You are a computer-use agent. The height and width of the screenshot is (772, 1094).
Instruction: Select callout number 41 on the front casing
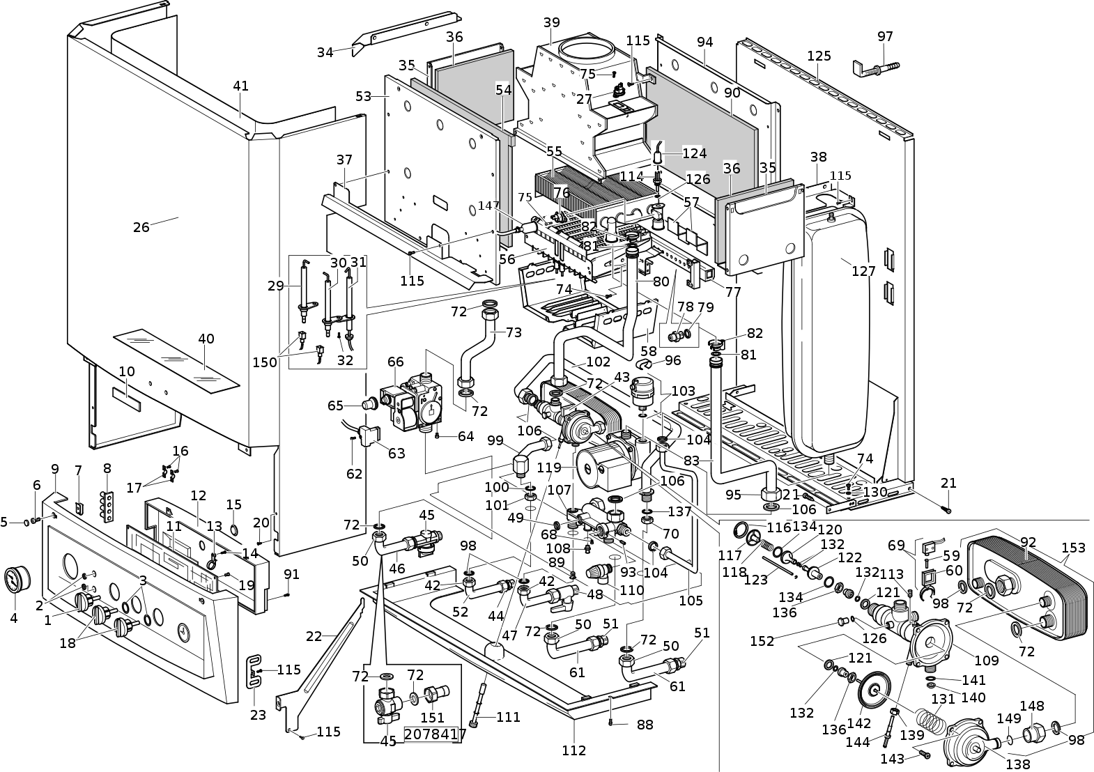coord(240,86)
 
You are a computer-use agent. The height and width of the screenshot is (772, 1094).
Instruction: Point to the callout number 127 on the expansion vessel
coord(863,271)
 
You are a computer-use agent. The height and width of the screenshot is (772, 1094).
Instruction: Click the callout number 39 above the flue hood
coord(551,22)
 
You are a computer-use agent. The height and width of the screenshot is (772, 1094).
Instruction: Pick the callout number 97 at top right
coord(885,37)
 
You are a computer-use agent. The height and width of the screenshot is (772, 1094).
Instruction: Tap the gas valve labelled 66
coord(413,403)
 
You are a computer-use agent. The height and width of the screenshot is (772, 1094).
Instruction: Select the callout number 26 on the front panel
coord(141,227)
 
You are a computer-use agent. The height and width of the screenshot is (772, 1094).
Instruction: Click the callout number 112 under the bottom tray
coord(573,750)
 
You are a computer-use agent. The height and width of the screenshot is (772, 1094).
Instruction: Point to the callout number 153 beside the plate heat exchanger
coord(1073,548)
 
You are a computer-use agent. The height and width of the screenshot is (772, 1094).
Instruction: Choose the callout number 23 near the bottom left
coord(258,715)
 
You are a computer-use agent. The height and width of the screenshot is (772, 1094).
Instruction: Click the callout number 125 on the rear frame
coord(819,56)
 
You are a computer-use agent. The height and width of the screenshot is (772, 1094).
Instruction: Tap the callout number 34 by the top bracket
coord(325,52)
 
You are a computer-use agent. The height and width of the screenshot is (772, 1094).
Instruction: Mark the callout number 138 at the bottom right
coord(1018,764)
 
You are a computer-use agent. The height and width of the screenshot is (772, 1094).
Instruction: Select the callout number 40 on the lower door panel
coord(206,339)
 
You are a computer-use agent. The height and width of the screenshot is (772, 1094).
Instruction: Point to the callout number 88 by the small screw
coord(645,725)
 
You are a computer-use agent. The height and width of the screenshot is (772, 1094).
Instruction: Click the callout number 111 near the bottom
coord(509,717)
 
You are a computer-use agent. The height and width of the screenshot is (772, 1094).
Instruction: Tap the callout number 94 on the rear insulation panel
coord(704,42)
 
